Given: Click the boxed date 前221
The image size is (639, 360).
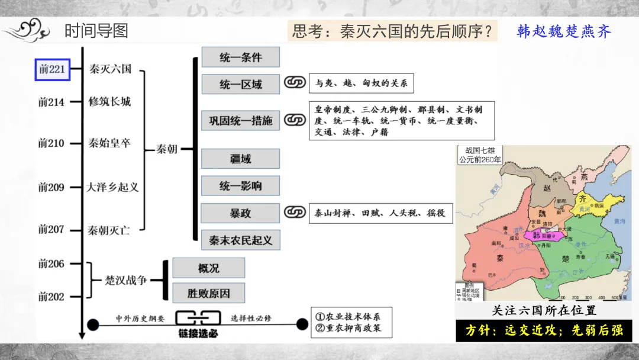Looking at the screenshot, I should pyautogui.click(x=52, y=69).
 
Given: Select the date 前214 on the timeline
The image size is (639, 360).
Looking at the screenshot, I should pyautogui.click(x=51, y=102).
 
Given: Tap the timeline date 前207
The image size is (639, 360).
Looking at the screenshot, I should pyautogui.click(x=51, y=230).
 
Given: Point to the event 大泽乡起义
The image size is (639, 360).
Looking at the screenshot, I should pyautogui.click(x=112, y=187).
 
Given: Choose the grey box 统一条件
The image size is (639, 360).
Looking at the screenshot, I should pyautogui.click(x=240, y=57).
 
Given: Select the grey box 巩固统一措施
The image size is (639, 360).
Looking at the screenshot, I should pyautogui.click(x=240, y=120).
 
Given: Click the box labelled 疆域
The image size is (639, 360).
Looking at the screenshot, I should pyautogui.click(x=240, y=159).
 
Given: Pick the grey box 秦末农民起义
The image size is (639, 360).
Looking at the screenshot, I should pyautogui.click(x=240, y=240).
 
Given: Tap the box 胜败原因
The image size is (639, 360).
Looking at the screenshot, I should pyautogui.click(x=208, y=292).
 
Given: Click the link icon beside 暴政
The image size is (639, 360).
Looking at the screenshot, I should pyautogui.click(x=294, y=212).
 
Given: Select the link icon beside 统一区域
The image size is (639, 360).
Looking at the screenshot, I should pyautogui.click(x=294, y=83).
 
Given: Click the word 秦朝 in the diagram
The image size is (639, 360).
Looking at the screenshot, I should pyautogui.click(x=167, y=149).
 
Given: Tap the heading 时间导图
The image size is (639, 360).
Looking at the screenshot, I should pyautogui.click(x=96, y=31).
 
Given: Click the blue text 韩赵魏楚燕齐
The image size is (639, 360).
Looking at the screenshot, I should pyautogui.click(x=564, y=31).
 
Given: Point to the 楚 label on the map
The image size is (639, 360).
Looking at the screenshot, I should pyautogui.click(x=568, y=258).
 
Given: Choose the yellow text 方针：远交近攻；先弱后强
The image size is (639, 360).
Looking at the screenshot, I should pyautogui.click(x=544, y=330).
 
